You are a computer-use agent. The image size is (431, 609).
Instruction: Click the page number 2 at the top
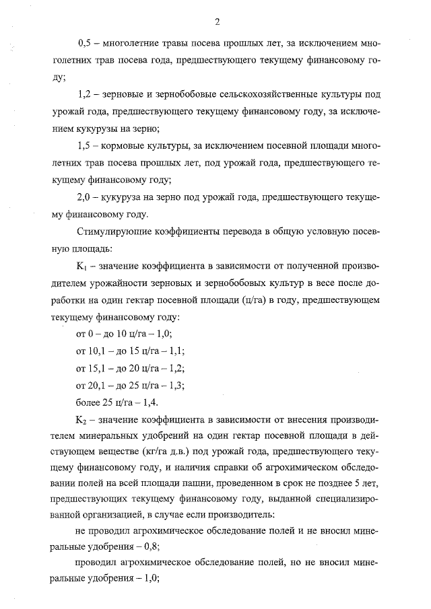(x=217, y=21)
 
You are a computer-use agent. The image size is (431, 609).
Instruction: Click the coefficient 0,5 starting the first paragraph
(x=86, y=42)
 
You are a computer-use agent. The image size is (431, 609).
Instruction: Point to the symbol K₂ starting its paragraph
(x=84, y=421)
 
